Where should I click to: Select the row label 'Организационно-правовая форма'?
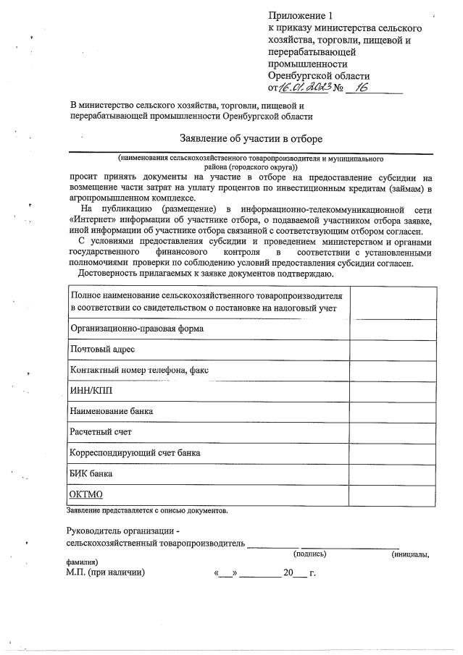click(x=136, y=329)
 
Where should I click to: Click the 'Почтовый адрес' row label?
click(x=102, y=350)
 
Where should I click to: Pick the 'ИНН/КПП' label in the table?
click(x=91, y=391)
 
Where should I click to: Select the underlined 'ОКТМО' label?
click(x=86, y=494)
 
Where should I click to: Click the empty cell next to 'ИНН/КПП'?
click(x=393, y=391)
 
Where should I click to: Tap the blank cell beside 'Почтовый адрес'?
click(x=393, y=350)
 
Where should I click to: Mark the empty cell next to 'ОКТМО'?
click(x=393, y=494)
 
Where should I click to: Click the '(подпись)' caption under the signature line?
click(x=309, y=554)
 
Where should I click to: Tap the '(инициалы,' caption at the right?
click(x=409, y=554)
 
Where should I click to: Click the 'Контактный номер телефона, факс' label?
click(x=139, y=370)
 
